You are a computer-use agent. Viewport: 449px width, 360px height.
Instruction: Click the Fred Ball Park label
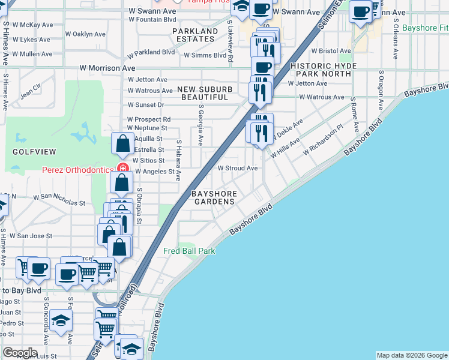pos(189,251)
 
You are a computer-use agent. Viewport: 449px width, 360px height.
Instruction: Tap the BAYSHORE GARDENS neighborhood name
pos(213,198)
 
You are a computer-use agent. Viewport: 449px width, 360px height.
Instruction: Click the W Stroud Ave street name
pos(237,169)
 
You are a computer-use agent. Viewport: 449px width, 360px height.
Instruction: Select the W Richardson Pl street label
pos(322,140)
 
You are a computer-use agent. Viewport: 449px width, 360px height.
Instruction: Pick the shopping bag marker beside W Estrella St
pos(122,144)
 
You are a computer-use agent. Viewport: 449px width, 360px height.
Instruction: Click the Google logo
pos(20,353)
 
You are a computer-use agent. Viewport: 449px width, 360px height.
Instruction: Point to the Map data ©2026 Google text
pos(412,355)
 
